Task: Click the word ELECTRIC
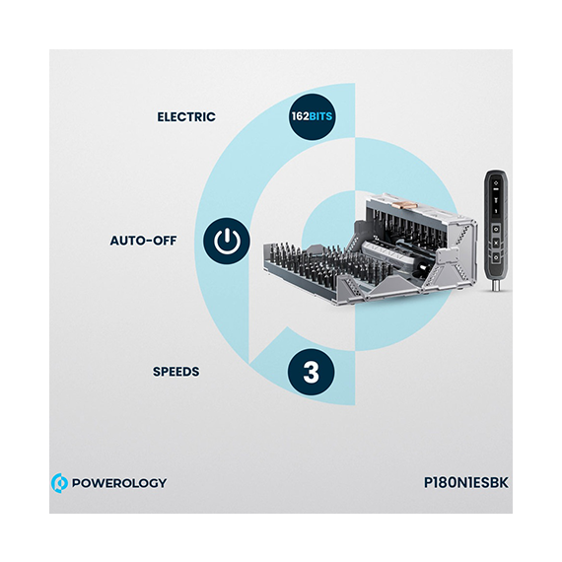point(186,117)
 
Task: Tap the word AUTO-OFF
point(143,241)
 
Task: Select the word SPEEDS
point(176,372)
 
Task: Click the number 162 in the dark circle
point(300,116)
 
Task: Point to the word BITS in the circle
point(320,116)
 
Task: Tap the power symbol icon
point(227,241)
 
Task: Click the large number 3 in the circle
point(311,372)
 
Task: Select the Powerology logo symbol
point(59,483)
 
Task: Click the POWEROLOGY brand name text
point(119,483)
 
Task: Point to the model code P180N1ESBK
point(466,482)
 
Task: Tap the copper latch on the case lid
point(400,205)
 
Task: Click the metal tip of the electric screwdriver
point(496,286)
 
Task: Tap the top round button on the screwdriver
point(496,229)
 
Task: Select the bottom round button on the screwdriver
point(496,257)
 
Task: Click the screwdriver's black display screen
point(496,197)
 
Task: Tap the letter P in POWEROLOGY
point(77,483)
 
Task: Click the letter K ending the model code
point(504,482)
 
